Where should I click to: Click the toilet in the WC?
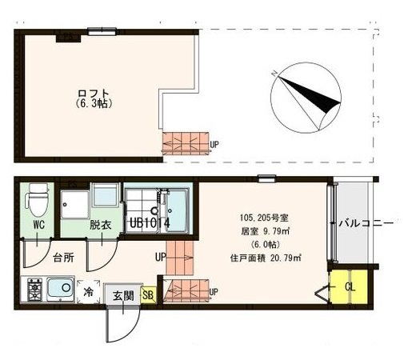point(37,199)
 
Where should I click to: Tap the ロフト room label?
point(94,94)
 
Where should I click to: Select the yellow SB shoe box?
point(148,295)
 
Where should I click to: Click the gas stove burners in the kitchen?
point(35,290)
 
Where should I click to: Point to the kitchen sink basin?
point(60,287)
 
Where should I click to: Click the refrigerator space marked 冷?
point(88,292)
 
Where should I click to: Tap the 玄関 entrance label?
point(123,296)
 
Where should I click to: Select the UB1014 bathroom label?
point(150,223)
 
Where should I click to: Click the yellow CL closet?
point(349,287)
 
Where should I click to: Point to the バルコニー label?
point(366,223)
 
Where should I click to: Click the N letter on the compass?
point(274,73)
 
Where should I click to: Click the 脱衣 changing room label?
point(100,226)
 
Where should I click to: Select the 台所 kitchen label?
point(63,258)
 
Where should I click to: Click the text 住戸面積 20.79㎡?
point(266,258)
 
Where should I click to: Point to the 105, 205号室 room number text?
point(264,218)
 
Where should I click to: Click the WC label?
point(38,225)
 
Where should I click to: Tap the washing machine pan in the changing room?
point(74,205)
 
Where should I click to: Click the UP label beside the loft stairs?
point(214,145)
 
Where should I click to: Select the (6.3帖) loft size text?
point(94,103)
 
